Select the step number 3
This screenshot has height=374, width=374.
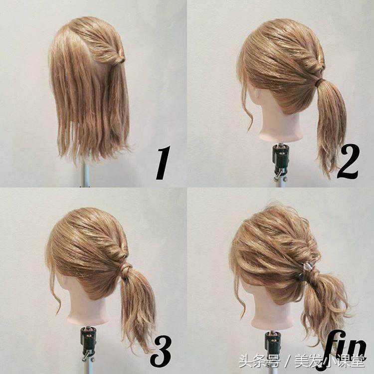(x=161, y=351)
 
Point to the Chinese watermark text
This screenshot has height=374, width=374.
(x=302, y=362)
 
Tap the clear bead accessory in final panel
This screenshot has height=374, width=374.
(x=306, y=266)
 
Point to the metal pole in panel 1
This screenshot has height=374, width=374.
(x=85, y=174)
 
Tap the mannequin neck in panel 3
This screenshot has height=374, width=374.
(x=88, y=310)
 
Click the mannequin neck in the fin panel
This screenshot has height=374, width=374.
(x=272, y=315)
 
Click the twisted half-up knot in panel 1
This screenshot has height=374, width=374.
(x=119, y=58)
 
